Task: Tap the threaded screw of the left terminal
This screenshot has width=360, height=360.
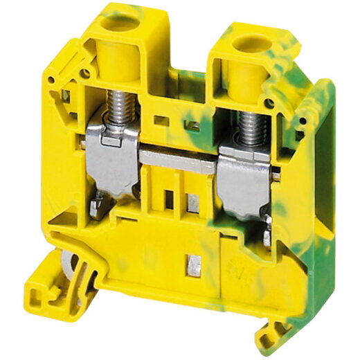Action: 118,110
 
